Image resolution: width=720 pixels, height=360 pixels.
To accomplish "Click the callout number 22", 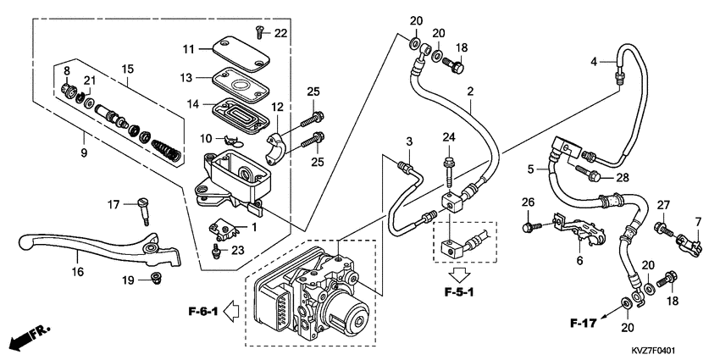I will [281, 32].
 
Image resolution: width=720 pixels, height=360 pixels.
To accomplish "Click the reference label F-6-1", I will [202, 312].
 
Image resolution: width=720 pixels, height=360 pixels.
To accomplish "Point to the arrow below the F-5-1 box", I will [459, 274].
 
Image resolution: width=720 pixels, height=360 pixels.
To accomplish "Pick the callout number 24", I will [448, 137].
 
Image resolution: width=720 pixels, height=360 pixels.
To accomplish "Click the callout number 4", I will [595, 60].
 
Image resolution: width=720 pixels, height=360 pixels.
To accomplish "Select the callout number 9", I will [83, 153].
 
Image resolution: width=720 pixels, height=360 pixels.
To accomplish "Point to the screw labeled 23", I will [217, 251].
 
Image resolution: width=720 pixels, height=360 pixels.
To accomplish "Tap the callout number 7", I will [700, 223].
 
